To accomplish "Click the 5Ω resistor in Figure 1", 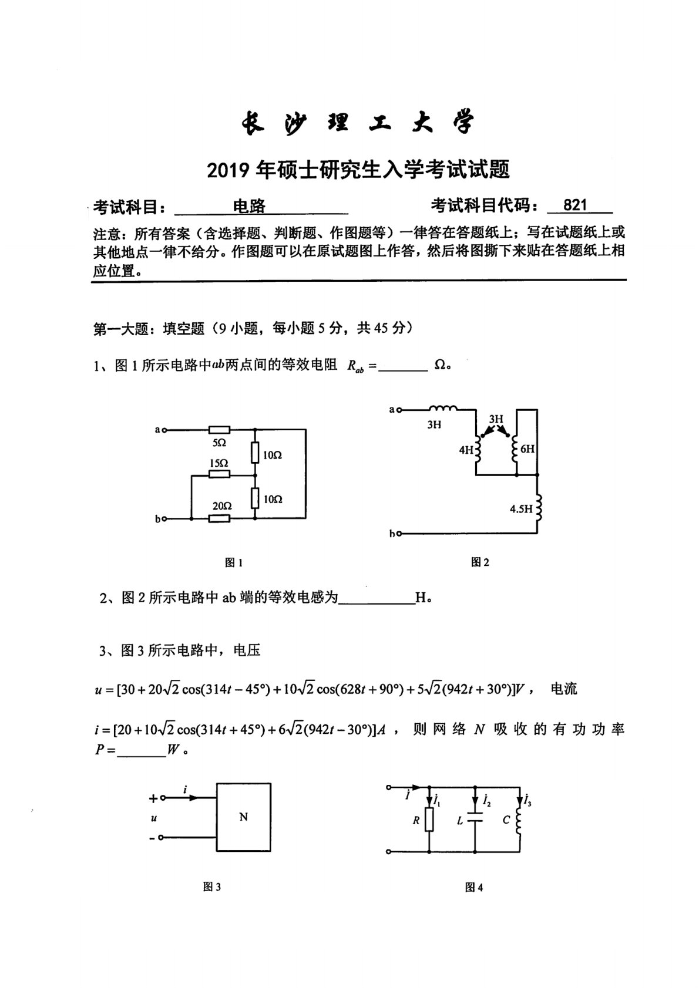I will [x=219, y=430].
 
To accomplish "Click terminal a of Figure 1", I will [x=164, y=430].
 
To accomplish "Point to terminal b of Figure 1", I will [x=164, y=519].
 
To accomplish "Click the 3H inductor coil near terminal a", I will [x=442, y=409].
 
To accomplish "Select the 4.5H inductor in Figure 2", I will [x=537, y=505].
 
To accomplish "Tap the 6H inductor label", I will [x=527, y=449].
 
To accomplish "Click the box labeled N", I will [x=244, y=817].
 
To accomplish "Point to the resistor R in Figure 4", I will [x=430, y=820].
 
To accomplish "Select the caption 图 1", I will [x=234, y=563].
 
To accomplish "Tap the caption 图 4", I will [x=473, y=888].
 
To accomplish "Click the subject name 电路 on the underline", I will [x=250, y=206].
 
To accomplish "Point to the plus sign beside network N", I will [x=153, y=798].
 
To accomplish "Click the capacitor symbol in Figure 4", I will [x=475, y=820].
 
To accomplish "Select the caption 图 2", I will [x=480, y=562].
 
